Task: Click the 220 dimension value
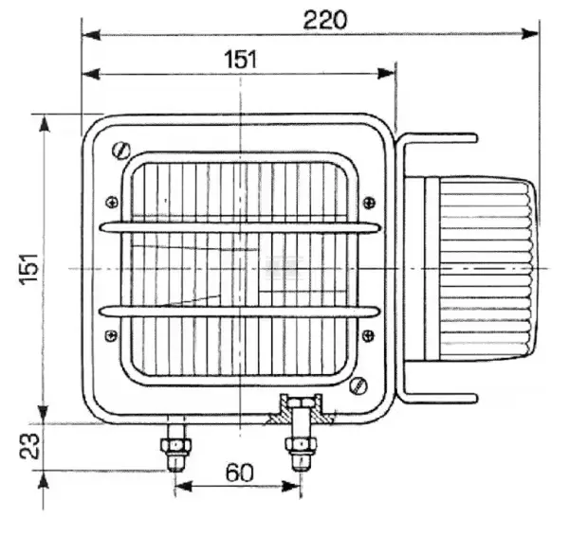324,20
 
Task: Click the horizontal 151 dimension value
241,60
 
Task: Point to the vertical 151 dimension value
29,269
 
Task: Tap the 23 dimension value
29,446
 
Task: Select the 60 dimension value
240,473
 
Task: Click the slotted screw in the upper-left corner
121,151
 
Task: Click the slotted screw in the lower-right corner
358,385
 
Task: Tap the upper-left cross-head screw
112,203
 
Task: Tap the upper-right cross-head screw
369,203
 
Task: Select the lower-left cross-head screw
111,335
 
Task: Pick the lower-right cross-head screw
368,335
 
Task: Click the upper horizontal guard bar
240,227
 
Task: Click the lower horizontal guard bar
240,312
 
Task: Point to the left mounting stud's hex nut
175,445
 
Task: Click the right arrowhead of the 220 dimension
529,34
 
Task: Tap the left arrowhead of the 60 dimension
183,487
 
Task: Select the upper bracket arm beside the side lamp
437,138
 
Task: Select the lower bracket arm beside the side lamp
437,399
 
